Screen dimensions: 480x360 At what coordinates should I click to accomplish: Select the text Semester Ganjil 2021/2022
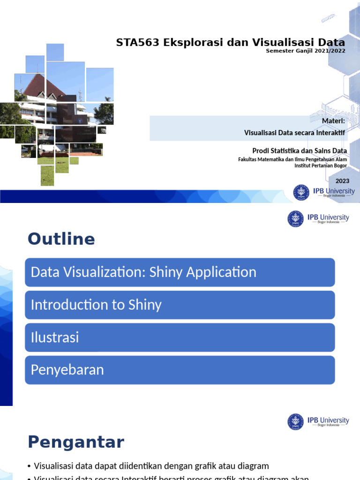tap(305, 51)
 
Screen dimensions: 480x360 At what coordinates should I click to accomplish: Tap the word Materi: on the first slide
tap(333, 122)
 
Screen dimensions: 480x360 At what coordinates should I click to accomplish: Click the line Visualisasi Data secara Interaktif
tap(294, 133)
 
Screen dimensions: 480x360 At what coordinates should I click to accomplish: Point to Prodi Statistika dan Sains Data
tap(300, 151)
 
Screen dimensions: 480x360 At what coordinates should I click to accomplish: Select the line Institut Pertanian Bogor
tap(320, 165)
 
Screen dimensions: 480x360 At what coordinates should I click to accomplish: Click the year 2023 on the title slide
tap(342, 181)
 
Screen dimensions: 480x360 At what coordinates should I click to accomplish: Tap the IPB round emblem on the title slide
tap(301, 193)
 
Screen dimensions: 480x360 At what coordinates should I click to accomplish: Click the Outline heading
tap(61, 239)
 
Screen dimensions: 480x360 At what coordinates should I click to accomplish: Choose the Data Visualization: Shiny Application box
tap(180, 272)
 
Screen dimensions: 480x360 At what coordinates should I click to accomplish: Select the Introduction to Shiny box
tap(180, 305)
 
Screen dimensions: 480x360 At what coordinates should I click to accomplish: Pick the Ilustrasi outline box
tap(180, 337)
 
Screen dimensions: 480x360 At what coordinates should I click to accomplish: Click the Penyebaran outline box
tap(180, 370)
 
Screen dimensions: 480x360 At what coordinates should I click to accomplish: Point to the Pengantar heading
tap(75, 442)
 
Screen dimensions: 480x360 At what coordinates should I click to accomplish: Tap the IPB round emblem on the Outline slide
tap(296, 219)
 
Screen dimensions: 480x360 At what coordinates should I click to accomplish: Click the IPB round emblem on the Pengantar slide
tap(296, 422)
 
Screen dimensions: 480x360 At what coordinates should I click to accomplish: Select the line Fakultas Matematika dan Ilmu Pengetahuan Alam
tap(292, 159)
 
